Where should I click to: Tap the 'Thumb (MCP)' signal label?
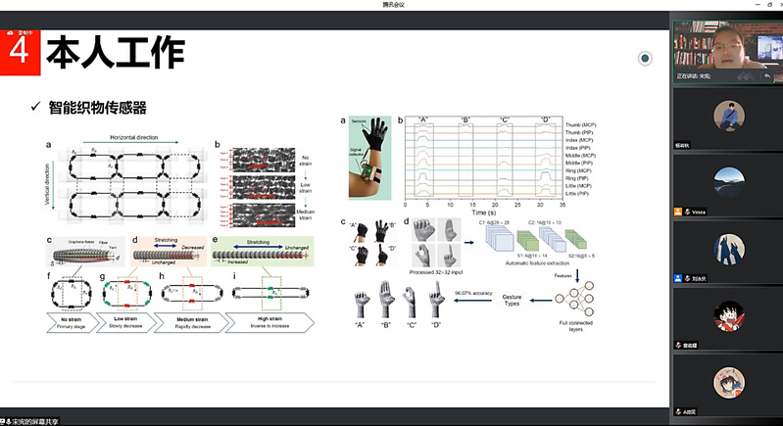(x=585, y=126)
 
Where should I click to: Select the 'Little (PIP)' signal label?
(x=584, y=196)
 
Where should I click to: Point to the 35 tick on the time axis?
(x=562, y=207)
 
